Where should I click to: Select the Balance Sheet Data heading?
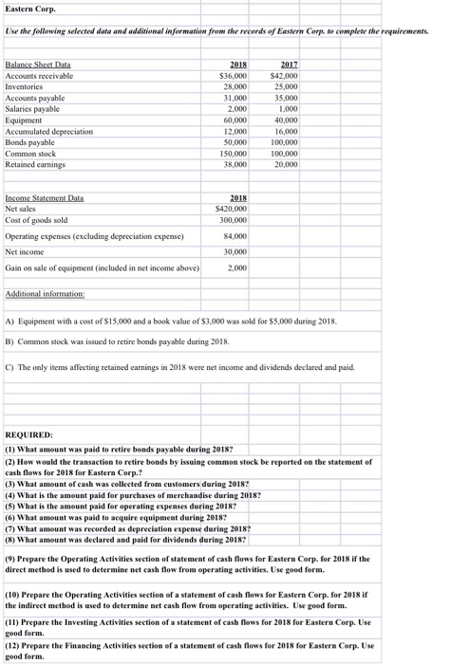click(x=38, y=64)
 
